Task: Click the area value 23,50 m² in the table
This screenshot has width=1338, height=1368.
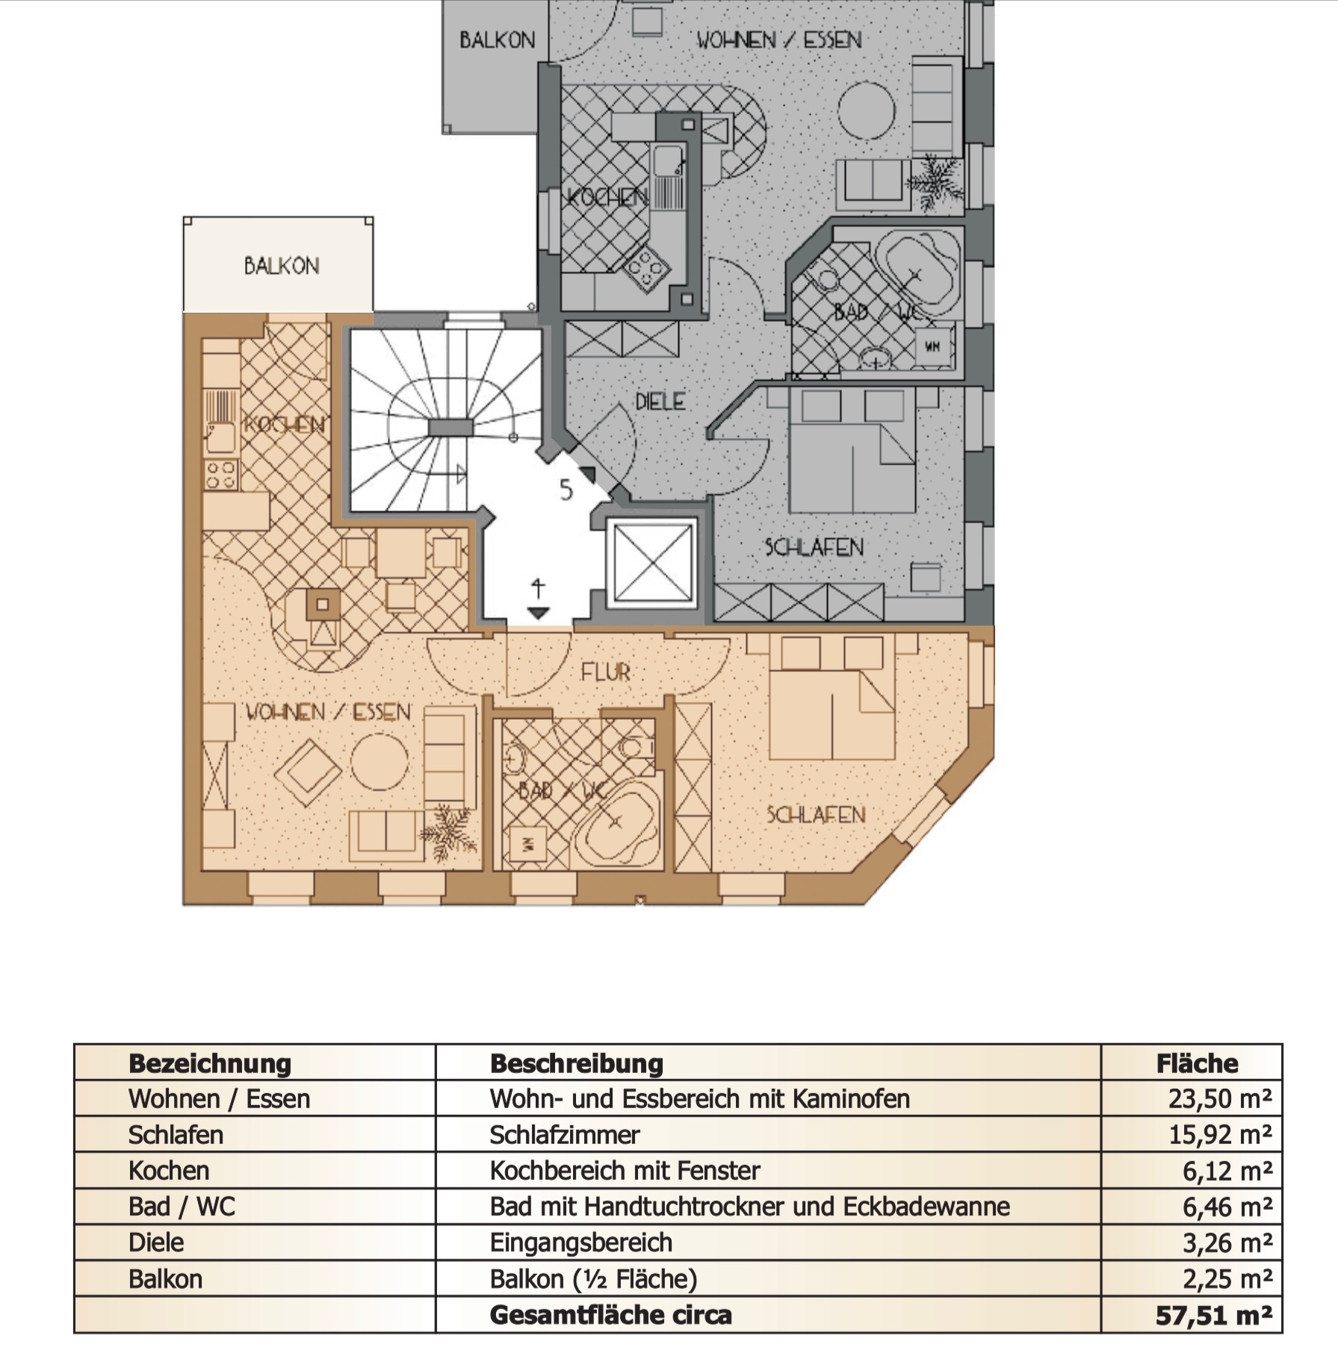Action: [x=1220, y=1098]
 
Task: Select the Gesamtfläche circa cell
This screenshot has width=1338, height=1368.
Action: [x=610, y=1315]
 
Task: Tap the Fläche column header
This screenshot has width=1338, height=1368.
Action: [x=1197, y=1063]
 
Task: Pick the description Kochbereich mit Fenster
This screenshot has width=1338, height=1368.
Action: [x=625, y=1170]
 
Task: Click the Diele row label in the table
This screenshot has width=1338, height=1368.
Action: [x=156, y=1242]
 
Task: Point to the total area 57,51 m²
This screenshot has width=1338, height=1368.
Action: [x=1214, y=1315]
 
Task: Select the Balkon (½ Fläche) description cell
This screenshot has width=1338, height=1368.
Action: [x=593, y=1279]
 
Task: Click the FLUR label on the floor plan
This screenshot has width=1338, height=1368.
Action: [x=605, y=673]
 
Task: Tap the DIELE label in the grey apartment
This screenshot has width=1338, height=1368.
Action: [x=660, y=402]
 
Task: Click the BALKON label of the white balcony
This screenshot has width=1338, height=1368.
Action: [x=282, y=266]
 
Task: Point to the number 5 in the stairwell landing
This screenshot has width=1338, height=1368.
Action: [x=566, y=491]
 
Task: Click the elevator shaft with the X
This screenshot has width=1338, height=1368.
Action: [x=652, y=562]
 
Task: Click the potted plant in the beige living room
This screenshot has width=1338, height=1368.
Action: [x=448, y=831]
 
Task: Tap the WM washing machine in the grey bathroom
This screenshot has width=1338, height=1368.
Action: [x=933, y=346]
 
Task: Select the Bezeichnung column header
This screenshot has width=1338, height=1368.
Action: [x=210, y=1063]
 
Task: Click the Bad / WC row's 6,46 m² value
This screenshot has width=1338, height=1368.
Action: [x=1227, y=1206]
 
